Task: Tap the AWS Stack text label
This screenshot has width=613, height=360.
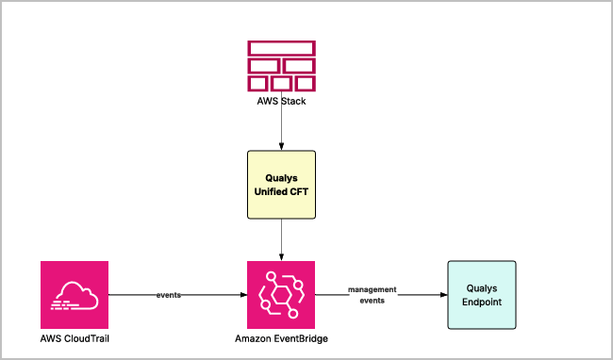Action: [281, 101]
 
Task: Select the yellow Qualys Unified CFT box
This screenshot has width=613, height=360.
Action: [281, 185]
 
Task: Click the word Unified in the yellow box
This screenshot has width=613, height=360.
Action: [268, 191]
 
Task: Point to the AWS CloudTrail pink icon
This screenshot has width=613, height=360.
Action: [75, 295]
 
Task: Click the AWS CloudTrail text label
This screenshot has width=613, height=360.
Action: [75, 338]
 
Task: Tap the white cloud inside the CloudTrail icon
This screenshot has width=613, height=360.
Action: [75, 296]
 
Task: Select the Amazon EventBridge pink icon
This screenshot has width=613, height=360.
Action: [281, 295]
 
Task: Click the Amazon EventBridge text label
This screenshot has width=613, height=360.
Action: [281, 338]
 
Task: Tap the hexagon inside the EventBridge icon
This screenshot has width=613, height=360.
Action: [281, 295]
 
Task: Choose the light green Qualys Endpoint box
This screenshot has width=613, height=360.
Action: [482, 295]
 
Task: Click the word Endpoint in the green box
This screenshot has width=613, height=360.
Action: [482, 302]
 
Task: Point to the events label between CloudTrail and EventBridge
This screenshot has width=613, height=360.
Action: [169, 295]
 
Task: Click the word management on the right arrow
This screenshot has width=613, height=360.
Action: [373, 289]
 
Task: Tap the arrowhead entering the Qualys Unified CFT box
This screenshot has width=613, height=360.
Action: [281, 147]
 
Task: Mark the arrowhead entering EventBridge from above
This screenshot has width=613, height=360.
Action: [281, 257]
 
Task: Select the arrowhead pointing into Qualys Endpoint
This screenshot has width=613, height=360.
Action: [444, 295]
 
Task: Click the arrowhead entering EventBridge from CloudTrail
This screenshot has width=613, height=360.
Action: [243, 295]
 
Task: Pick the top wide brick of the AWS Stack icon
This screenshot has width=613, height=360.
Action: [281, 48]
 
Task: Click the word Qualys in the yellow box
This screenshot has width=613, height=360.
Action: [281, 178]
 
